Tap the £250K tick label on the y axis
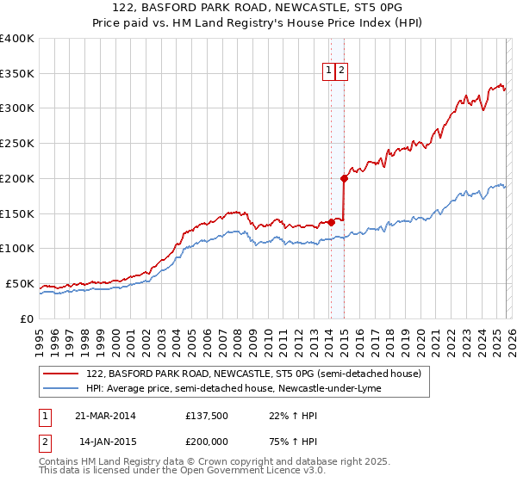point(17,143)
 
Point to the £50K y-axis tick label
point(20,283)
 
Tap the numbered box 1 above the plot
point(329,71)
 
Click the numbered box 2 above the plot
point(341,71)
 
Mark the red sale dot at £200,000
point(344,178)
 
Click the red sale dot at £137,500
point(331,222)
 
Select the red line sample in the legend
point(61,374)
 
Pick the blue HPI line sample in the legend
point(61,388)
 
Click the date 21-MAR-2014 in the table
point(104,416)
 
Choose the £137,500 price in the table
point(208,416)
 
